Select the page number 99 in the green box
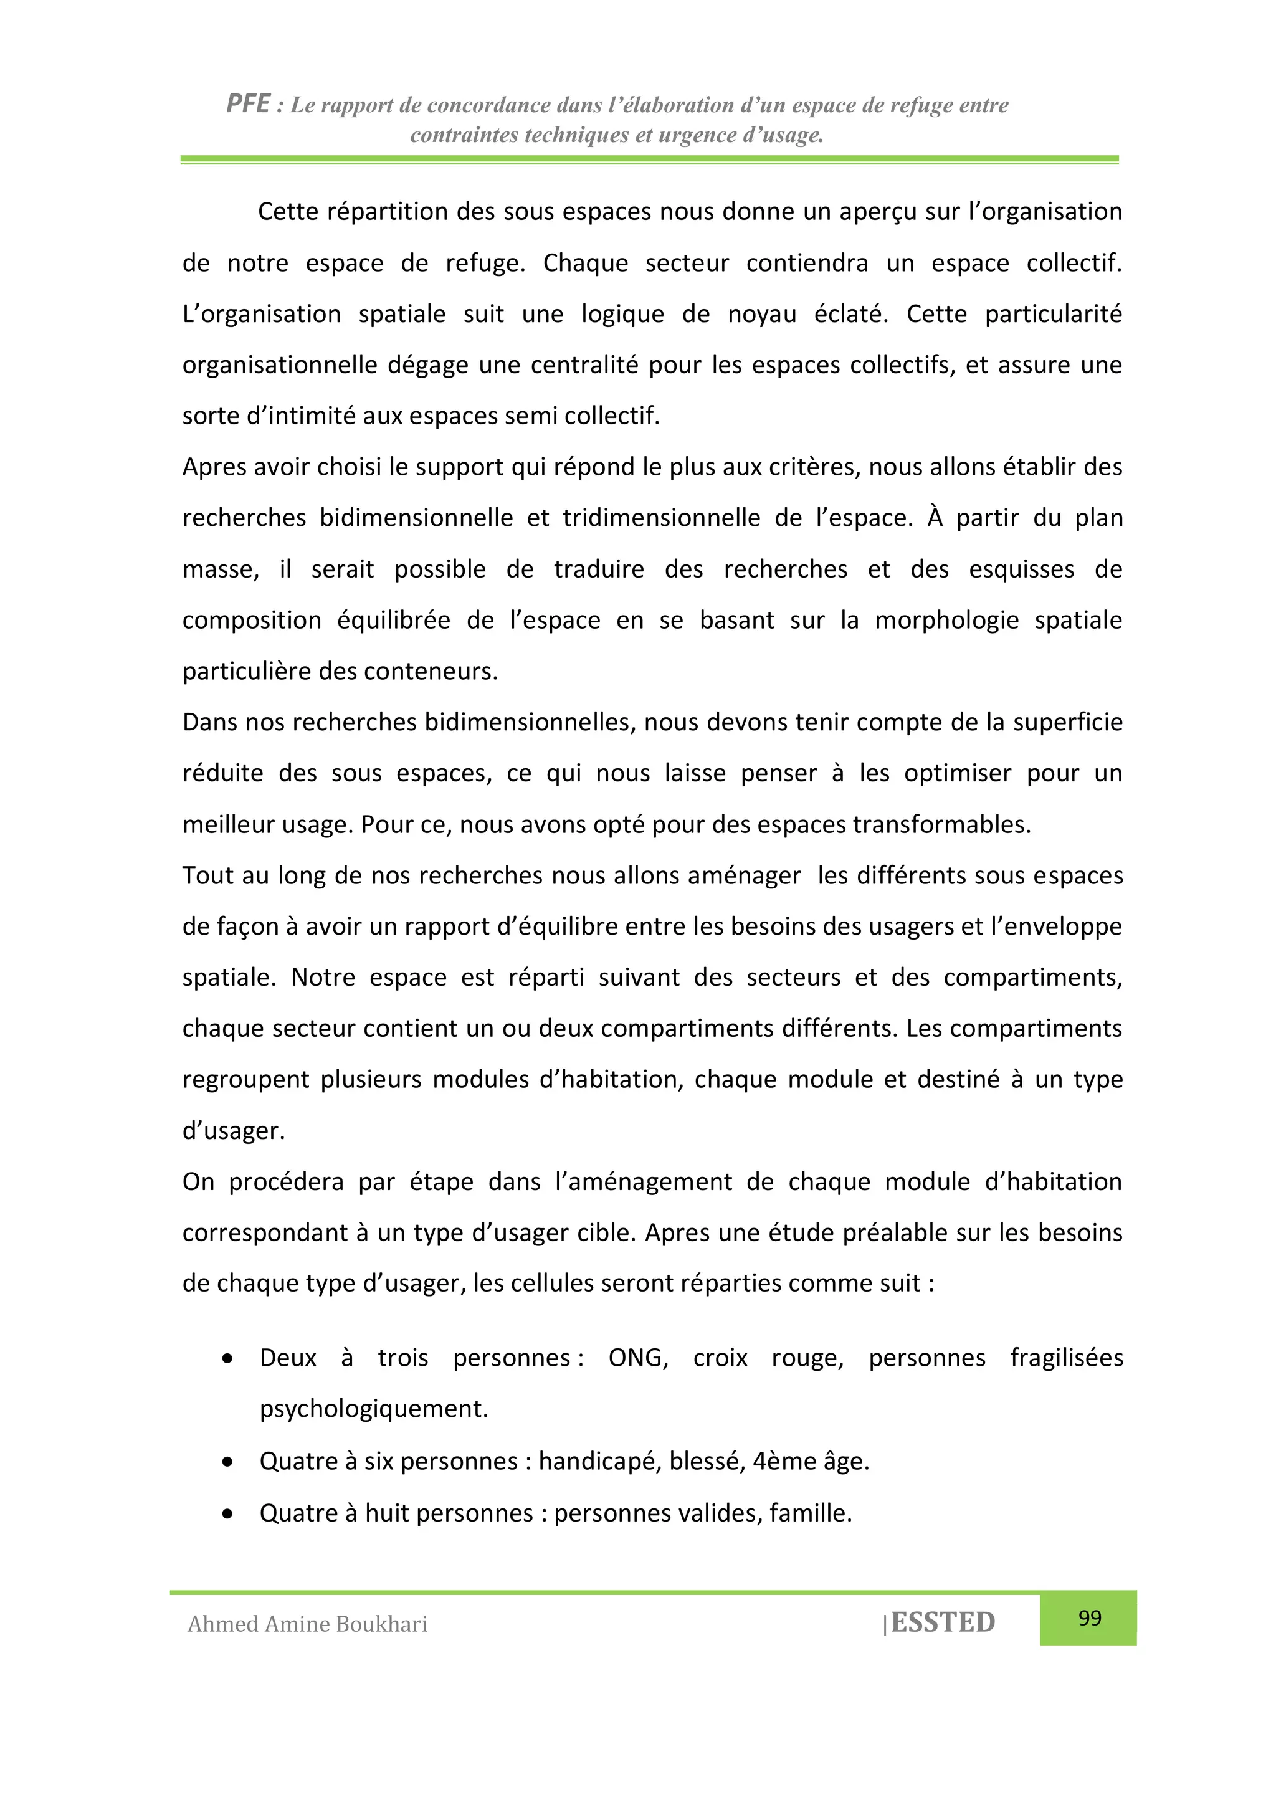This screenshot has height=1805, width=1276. tap(1089, 1618)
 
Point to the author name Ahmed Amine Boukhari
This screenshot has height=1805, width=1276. tap(307, 1624)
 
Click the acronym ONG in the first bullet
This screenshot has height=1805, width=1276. tap(637, 1358)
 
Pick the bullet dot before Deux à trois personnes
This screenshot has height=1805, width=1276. tap(227, 1358)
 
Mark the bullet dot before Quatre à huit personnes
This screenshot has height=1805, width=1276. tap(227, 1513)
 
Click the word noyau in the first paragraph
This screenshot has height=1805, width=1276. tap(762, 313)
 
